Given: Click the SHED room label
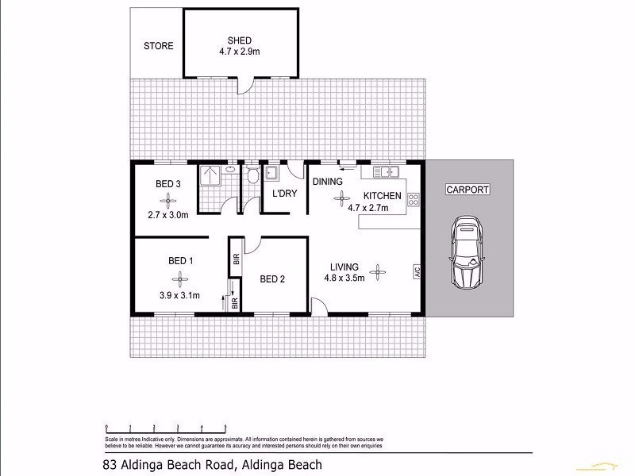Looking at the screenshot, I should (239, 40).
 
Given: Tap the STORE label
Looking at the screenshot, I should (158, 46).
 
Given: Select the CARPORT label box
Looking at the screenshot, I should (467, 190).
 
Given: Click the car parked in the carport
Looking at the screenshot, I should (465, 253).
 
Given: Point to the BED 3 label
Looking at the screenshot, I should (168, 184).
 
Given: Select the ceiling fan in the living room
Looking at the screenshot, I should (379, 272).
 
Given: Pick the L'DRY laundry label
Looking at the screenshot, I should (284, 194).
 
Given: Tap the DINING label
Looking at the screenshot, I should (327, 182).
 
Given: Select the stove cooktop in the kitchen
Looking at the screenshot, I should (413, 200).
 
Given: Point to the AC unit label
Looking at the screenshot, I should (415, 271).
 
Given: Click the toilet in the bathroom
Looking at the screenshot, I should (252, 175).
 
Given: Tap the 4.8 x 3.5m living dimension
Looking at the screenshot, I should (344, 278).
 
